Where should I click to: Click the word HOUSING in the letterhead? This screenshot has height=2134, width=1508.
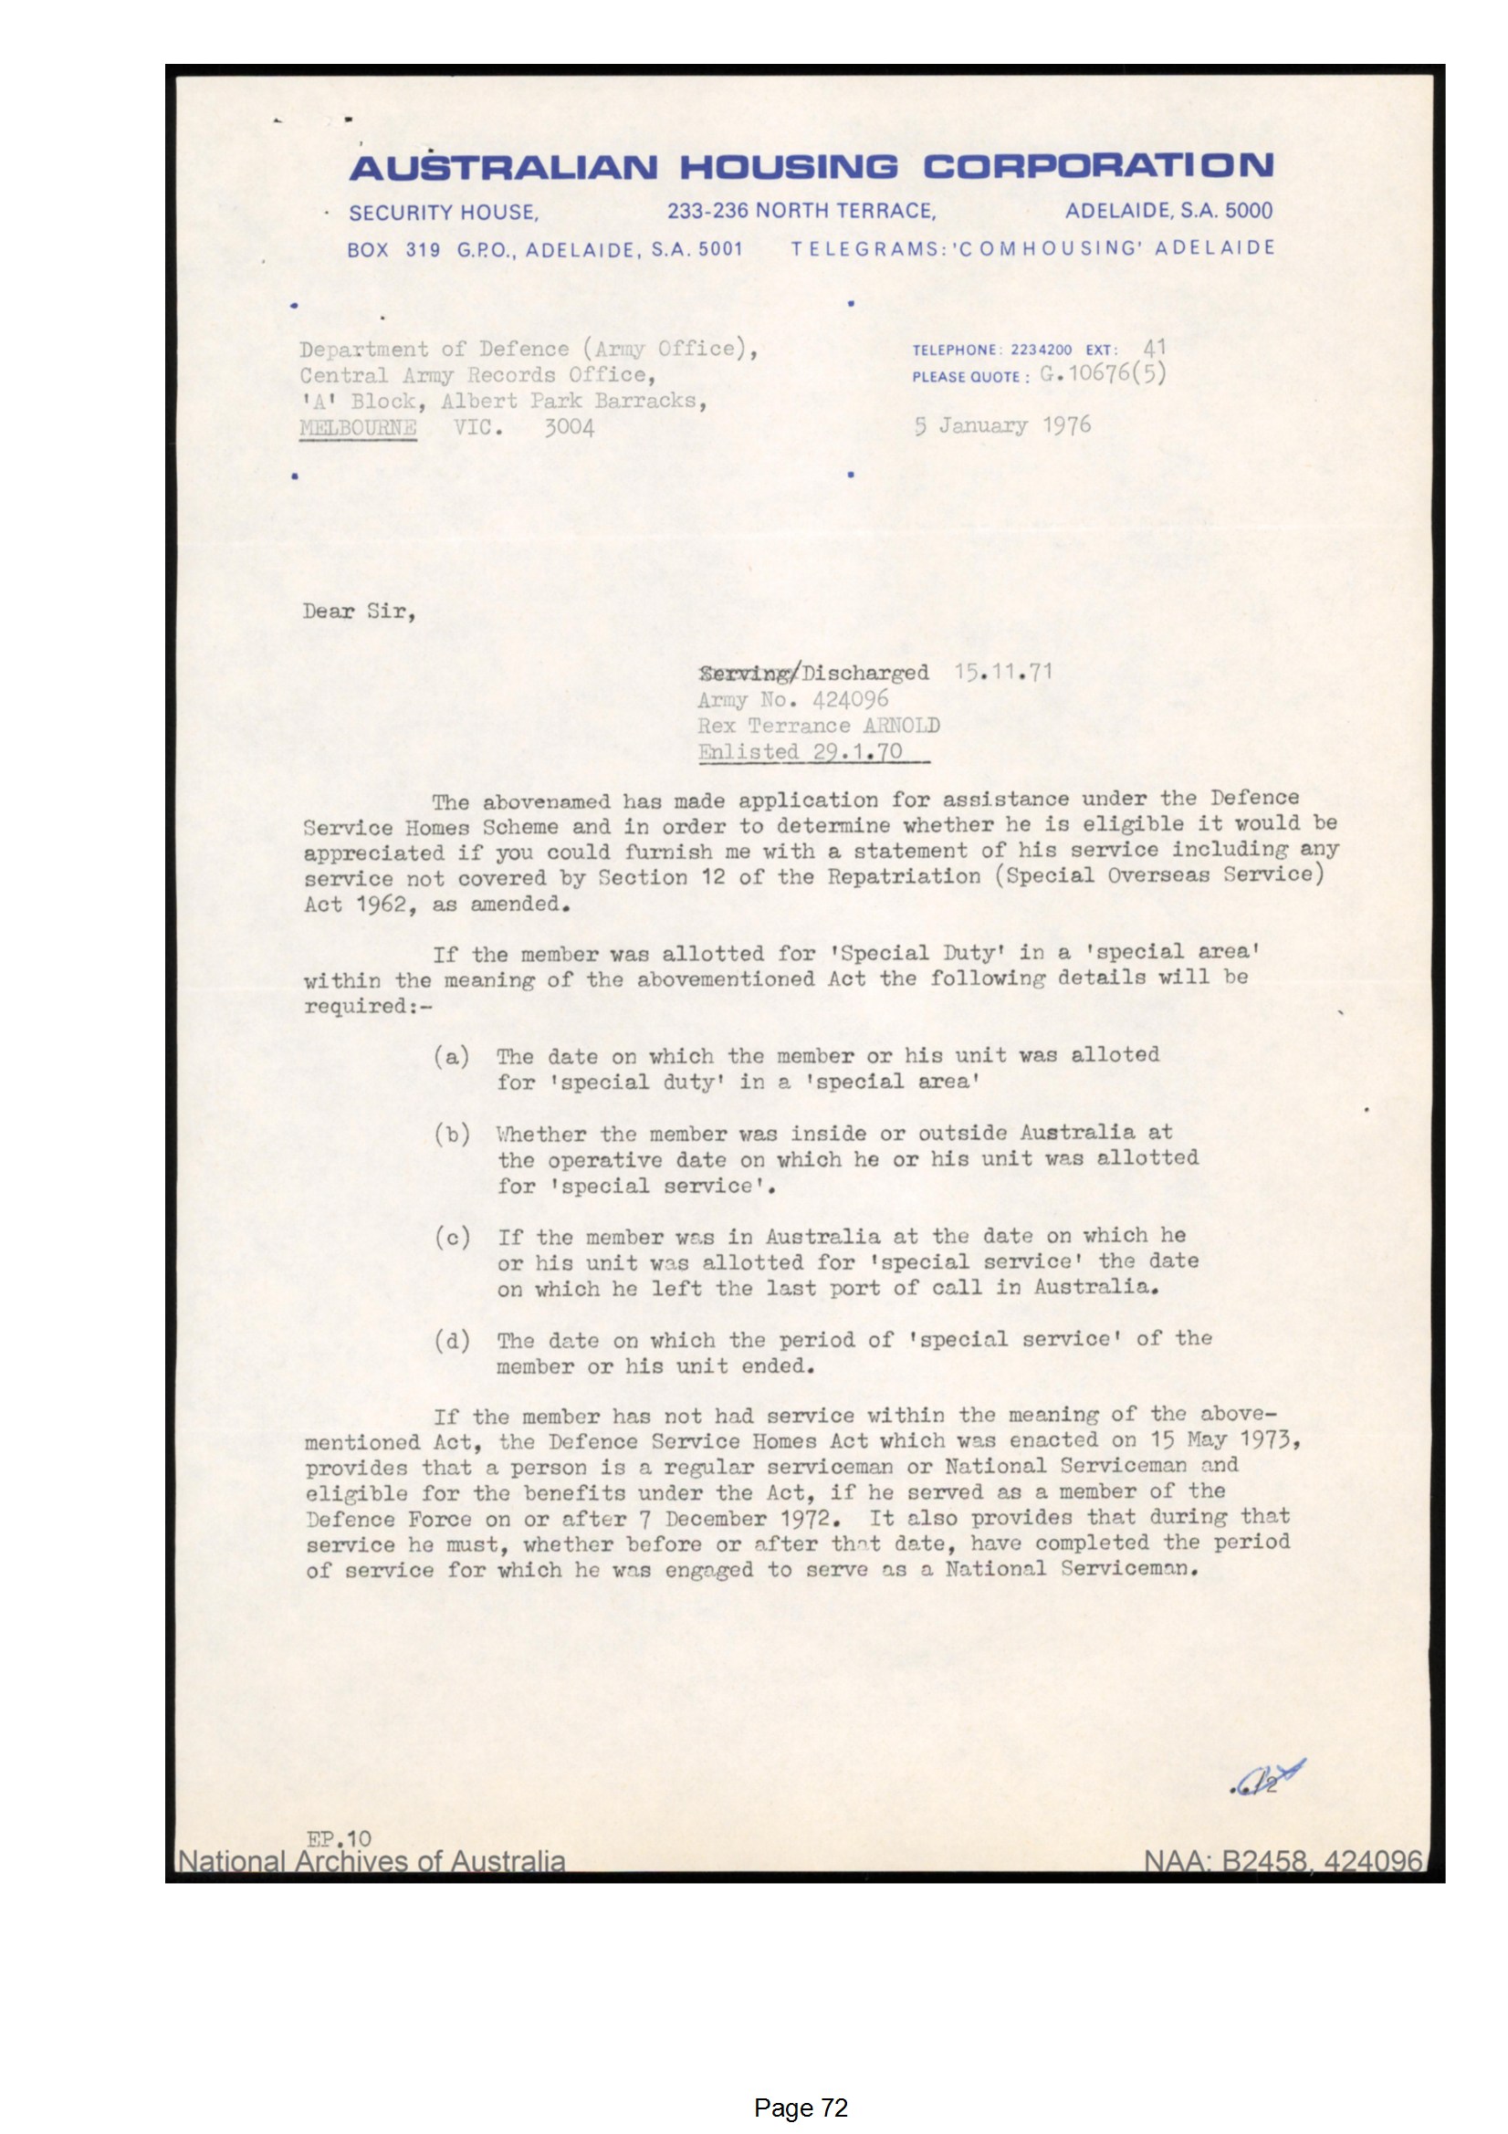click(x=789, y=167)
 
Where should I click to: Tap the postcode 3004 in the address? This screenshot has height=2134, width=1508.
click(x=569, y=427)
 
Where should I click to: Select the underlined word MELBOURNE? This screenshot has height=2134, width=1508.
click(x=358, y=428)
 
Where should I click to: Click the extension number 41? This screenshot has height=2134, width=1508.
click(x=1154, y=349)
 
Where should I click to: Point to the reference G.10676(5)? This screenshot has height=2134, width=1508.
click(x=1102, y=374)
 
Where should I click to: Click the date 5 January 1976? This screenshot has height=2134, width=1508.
click(x=1002, y=425)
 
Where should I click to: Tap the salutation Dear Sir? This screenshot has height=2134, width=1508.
click(x=359, y=611)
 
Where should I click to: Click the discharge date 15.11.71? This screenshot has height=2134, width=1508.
click(x=1003, y=671)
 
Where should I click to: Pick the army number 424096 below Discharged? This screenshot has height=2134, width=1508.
click(x=850, y=698)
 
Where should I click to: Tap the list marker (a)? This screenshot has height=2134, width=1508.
click(x=451, y=1057)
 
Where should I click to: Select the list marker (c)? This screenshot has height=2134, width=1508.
click(x=451, y=1237)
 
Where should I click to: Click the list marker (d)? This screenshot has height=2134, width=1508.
click(x=451, y=1340)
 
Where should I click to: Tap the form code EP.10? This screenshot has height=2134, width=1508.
click(x=339, y=1838)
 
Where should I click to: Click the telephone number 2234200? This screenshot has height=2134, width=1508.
click(x=1041, y=350)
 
